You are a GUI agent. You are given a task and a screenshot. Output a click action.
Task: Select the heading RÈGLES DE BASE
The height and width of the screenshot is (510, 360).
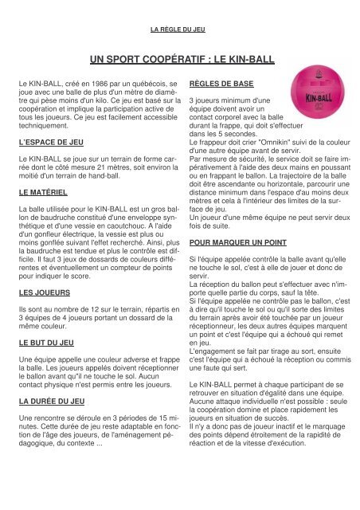(221, 83)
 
